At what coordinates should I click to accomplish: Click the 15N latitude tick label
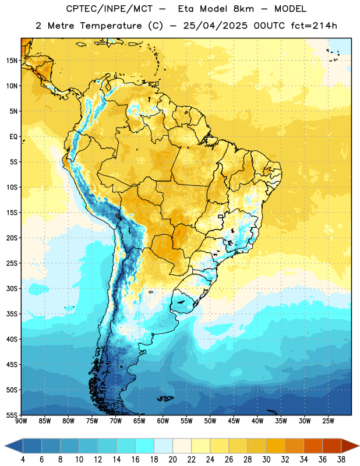pyautogui.click(x=12, y=61)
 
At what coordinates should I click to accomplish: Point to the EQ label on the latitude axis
pyautogui.click(x=13, y=137)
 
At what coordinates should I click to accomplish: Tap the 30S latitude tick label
pyautogui.click(x=12, y=288)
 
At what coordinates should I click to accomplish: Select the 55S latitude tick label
pyautogui.click(x=12, y=414)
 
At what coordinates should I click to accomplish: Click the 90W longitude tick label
pyautogui.click(x=21, y=421)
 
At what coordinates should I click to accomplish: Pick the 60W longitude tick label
pyautogui.click(x=163, y=421)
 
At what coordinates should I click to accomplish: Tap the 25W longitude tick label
pyautogui.click(x=328, y=421)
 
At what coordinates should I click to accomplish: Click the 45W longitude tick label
pyautogui.click(x=234, y=421)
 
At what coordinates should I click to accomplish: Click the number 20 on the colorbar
pyautogui.click(x=172, y=460)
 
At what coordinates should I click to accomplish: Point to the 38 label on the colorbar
pyautogui.click(x=341, y=460)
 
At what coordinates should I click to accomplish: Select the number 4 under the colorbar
pyautogui.click(x=23, y=460)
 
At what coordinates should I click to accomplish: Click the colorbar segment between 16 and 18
pyautogui.click(x=145, y=446)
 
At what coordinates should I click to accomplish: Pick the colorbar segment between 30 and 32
pyautogui.click(x=276, y=446)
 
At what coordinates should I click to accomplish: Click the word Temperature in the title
pyautogui.click(x=111, y=26)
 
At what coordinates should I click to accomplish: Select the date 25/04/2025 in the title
pyautogui.click(x=215, y=26)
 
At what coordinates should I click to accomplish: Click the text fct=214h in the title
pyautogui.click(x=314, y=26)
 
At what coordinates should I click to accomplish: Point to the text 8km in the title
pyautogui.click(x=243, y=9)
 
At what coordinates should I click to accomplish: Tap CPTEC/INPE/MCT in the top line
pyautogui.click(x=110, y=9)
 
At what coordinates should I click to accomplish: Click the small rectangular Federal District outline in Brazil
pyautogui.click(x=221, y=216)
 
